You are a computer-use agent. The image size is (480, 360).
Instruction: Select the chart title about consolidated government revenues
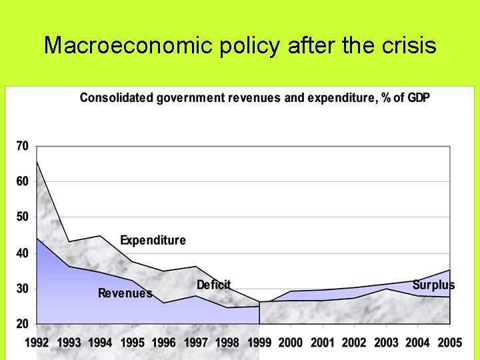pyautogui.click(x=255, y=98)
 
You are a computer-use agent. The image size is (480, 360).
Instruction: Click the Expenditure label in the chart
pyautogui.click(x=153, y=240)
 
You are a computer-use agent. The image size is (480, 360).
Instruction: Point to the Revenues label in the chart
pyautogui.click(x=125, y=293)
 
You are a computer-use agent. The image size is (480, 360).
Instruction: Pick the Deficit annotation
pyautogui.click(x=213, y=285)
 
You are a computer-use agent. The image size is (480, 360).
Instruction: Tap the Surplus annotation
pyautogui.click(x=433, y=285)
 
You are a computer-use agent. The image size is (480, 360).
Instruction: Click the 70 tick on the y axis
pyautogui.click(x=22, y=145)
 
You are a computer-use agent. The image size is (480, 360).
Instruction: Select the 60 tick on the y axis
pyautogui.click(x=22, y=181)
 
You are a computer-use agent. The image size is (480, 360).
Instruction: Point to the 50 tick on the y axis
pyautogui.click(x=22, y=217)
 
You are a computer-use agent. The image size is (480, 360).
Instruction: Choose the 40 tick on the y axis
pyautogui.click(x=22, y=253)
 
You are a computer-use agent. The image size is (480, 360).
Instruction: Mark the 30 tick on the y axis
pyautogui.click(x=22, y=289)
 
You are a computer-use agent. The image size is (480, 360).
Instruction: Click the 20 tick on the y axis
pyautogui.click(x=22, y=324)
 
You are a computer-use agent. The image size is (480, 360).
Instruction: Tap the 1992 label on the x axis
pyautogui.click(x=38, y=343)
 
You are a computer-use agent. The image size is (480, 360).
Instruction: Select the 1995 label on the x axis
pyautogui.click(x=133, y=343)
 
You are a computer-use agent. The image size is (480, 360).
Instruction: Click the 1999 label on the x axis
pyautogui.click(x=259, y=343)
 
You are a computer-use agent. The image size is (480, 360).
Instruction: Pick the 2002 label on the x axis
pyautogui.click(x=354, y=343)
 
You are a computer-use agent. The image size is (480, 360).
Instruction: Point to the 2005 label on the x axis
pyautogui.click(x=449, y=343)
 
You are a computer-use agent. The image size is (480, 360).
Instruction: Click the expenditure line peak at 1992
pyautogui.click(x=37, y=161)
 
